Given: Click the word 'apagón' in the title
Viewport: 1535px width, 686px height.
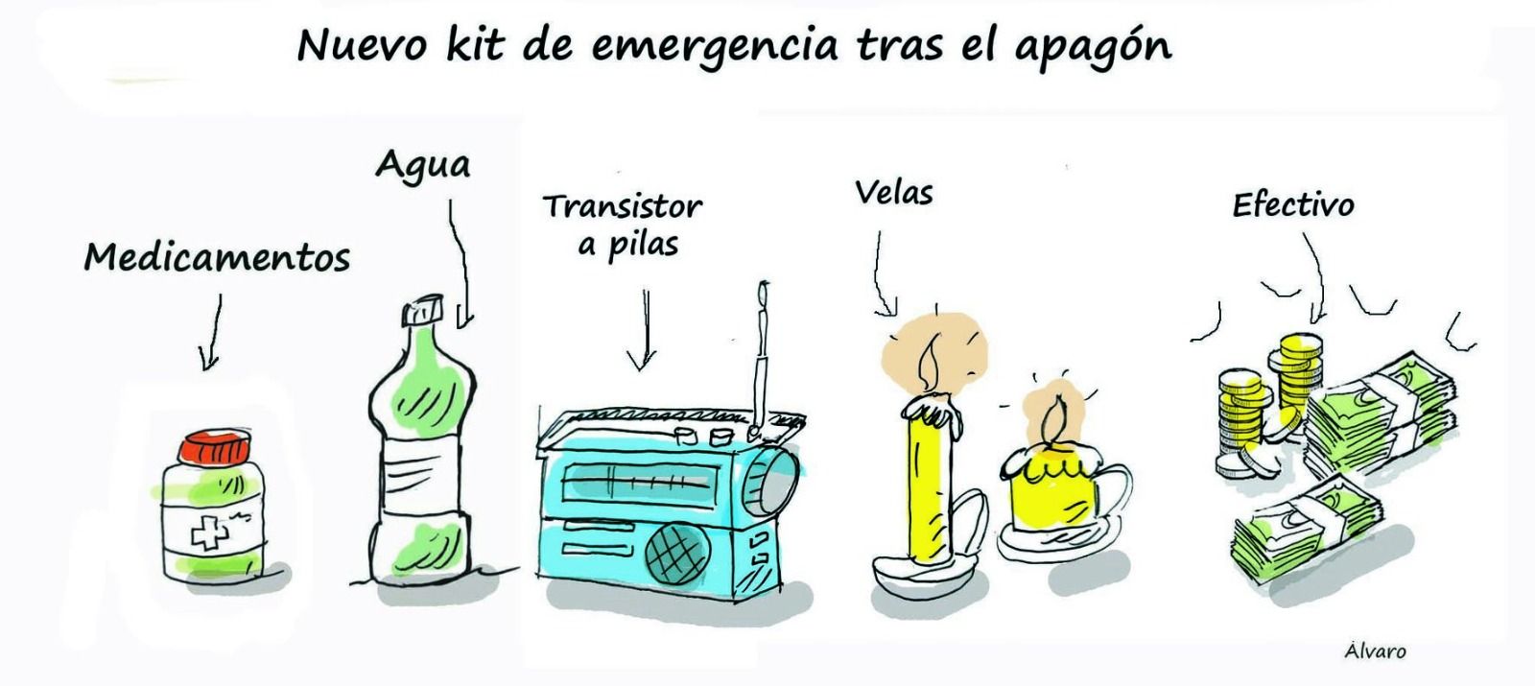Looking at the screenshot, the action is tap(1093, 48).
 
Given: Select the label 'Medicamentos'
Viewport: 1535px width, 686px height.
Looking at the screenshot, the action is tap(217, 258).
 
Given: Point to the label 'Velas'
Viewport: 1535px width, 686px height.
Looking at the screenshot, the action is tap(893, 192).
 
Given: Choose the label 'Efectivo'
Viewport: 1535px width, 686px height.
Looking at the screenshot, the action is tap(1293, 205).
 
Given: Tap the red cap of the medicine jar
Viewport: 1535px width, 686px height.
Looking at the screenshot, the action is tap(215, 447).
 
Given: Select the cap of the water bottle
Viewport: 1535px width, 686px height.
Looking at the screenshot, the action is tap(423, 311).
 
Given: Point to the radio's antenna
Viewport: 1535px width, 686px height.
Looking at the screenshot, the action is tap(761, 360).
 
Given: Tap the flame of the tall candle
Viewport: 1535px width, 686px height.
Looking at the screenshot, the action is tap(930, 364).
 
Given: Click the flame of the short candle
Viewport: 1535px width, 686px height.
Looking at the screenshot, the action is tap(1055, 419).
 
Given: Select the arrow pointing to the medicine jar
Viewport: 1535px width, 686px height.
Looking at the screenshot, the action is tap(210, 332).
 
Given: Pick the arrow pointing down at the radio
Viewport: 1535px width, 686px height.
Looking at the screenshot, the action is tap(643, 330).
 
